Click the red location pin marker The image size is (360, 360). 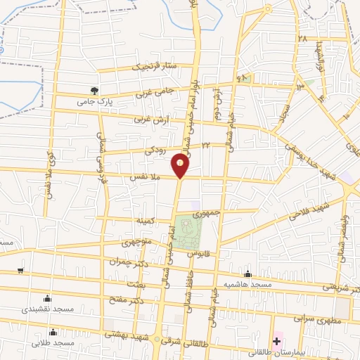coord(180,166)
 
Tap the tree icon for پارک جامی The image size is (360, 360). coord(94,90)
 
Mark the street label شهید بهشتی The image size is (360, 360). coord(124,334)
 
